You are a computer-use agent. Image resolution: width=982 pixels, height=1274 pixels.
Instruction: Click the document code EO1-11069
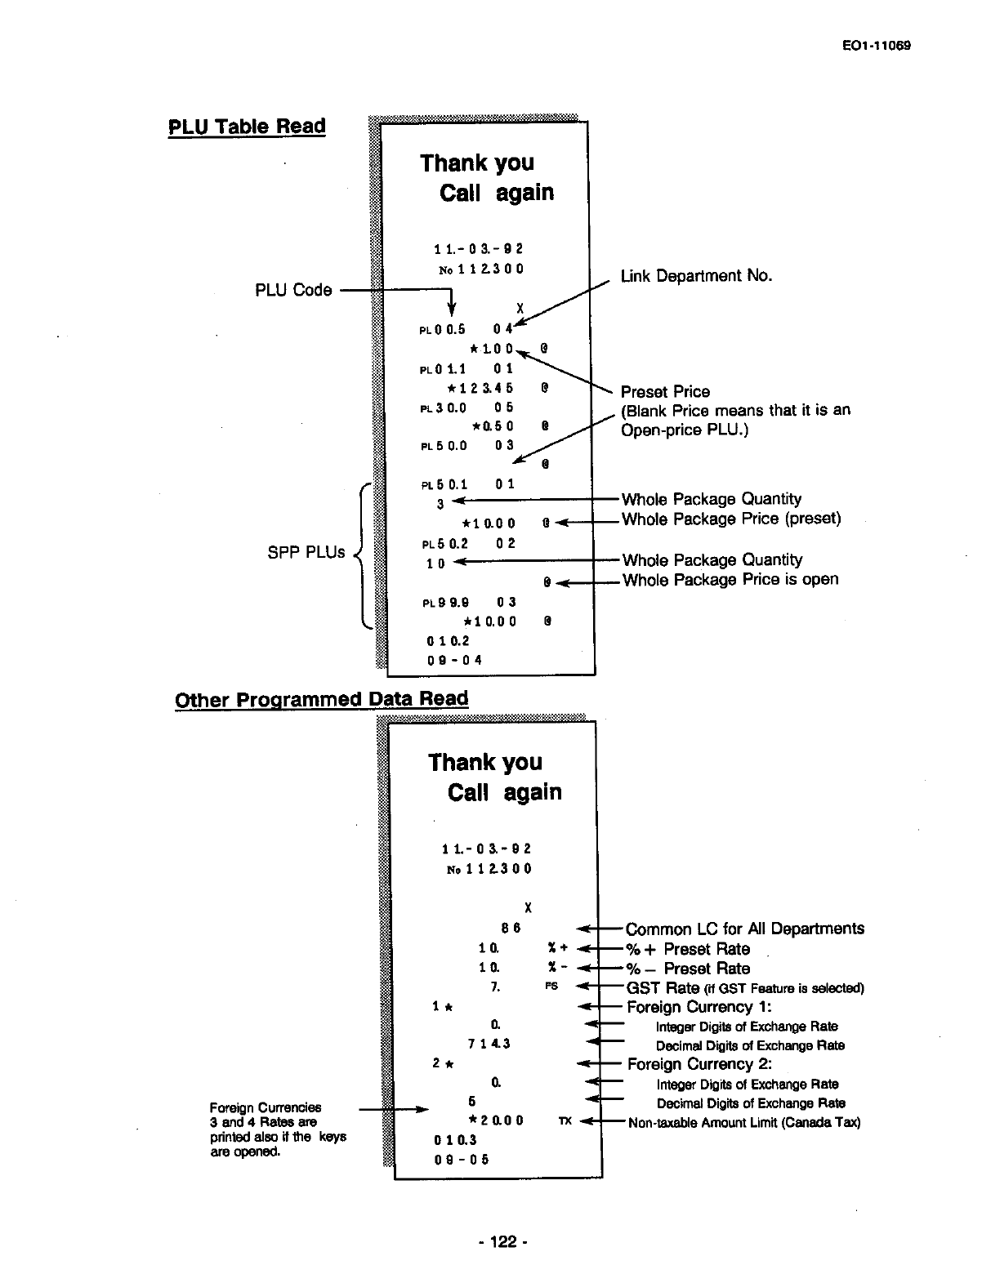point(877,46)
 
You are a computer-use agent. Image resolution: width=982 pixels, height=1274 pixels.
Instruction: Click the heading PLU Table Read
point(246,127)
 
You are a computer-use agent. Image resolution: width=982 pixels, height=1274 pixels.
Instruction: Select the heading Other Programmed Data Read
point(322,699)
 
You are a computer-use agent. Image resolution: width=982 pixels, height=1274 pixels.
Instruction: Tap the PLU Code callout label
point(293,290)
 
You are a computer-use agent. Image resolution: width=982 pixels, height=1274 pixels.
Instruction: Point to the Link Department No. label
point(696,276)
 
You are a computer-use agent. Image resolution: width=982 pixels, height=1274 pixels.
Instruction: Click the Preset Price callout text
point(665,391)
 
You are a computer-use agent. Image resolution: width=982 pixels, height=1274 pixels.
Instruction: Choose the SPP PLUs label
point(306,552)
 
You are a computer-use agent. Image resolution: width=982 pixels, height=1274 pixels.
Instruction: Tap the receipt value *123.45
point(480,388)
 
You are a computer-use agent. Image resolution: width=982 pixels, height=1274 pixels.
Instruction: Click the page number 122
point(502,1242)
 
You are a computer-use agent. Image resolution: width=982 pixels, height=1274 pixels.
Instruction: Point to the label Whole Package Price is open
point(730,580)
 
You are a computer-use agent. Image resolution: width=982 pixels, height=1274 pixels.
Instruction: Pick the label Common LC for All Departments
point(744,929)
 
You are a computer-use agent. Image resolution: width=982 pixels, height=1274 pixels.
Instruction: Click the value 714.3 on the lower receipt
point(489,1044)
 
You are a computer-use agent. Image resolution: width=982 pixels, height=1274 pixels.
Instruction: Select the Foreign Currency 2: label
point(699,1064)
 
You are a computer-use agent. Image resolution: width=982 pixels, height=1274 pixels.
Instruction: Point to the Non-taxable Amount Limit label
point(743,1123)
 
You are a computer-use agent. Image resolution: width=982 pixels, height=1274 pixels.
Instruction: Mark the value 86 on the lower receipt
point(511,928)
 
